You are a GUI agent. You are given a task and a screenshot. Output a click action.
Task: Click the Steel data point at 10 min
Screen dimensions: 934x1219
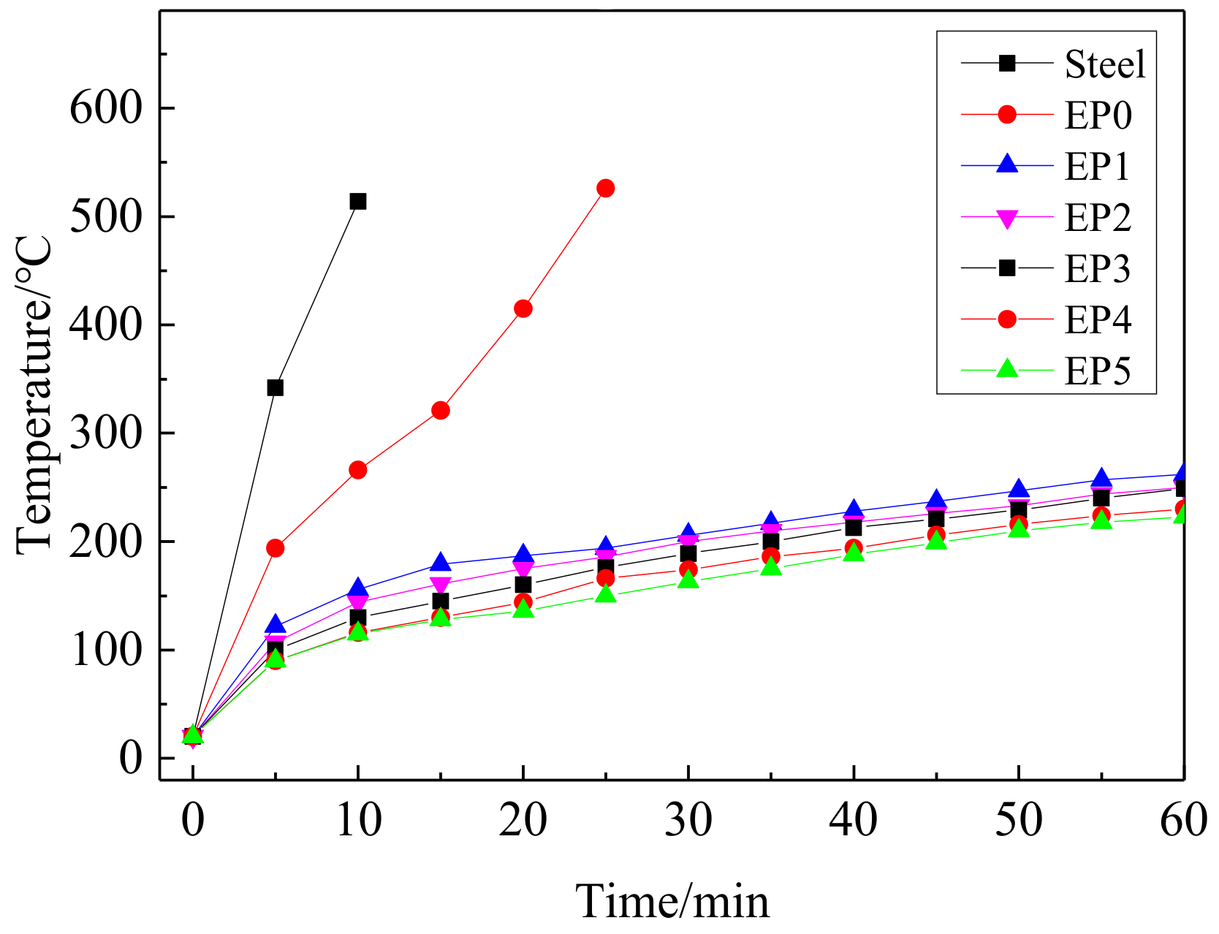click(x=357, y=201)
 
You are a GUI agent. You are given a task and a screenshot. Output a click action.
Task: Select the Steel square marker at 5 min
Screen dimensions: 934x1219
click(x=275, y=387)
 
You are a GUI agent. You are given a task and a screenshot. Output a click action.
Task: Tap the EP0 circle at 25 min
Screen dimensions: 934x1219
click(x=605, y=189)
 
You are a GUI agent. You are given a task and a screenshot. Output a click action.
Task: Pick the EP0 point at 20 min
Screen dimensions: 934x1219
click(x=523, y=308)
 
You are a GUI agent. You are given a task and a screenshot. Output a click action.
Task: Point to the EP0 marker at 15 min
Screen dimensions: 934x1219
click(x=440, y=411)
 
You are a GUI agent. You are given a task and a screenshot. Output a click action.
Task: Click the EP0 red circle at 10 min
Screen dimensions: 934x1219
click(x=357, y=470)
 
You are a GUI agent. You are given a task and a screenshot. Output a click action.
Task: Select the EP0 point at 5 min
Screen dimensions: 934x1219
click(x=275, y=548)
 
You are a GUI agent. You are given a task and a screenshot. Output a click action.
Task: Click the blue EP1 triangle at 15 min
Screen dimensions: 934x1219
click(x=440, y=563)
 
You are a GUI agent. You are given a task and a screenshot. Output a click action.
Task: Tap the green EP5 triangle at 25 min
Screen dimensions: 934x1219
click(x=605, y=594)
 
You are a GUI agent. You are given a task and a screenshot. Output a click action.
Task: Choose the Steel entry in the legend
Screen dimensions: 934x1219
click(x=1104, y=64)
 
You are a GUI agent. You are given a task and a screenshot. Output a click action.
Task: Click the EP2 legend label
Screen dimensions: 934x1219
click(x=1097, y=218)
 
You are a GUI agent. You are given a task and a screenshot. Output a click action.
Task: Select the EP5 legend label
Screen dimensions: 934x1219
click(x=1097, y=371)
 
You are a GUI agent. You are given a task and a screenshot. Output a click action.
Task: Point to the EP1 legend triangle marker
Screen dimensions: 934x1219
click(x=1007, y=164)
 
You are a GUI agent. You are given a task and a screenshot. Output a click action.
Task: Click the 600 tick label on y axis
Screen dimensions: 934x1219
click(x=105, y=109)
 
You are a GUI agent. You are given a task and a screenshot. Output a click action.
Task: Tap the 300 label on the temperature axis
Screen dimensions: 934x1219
click(x=105, y=434)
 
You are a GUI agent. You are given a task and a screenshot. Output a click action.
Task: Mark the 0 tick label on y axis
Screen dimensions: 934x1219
click(x=130, y=759)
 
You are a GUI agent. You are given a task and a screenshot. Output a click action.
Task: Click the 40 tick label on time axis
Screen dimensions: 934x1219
click(x=853, y=820)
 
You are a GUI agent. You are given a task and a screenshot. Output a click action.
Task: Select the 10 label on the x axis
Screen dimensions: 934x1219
click(x=357, y=820)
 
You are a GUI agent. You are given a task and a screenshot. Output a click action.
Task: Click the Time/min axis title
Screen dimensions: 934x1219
click(x=672, y=900)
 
